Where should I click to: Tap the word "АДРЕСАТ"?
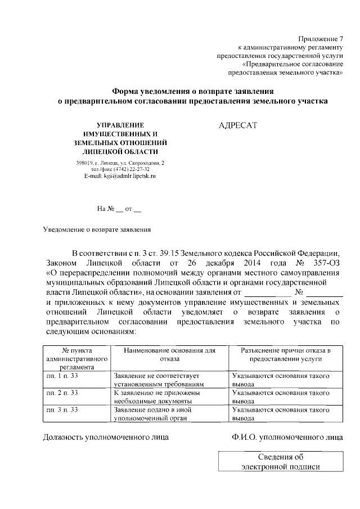pyautogui.click(x=237, y=125)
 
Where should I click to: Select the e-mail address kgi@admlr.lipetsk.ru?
pyautogui.click(x=120, y=176)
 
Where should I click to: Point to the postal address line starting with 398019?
pyautogui.click(x=120, y=163)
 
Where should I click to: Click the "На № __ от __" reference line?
pyautogui.click(x=119, y=209)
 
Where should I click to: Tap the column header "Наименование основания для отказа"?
pyautogui.click(x=168, y=354)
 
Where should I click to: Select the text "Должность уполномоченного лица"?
pyautogui.click(x=106, y=436)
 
